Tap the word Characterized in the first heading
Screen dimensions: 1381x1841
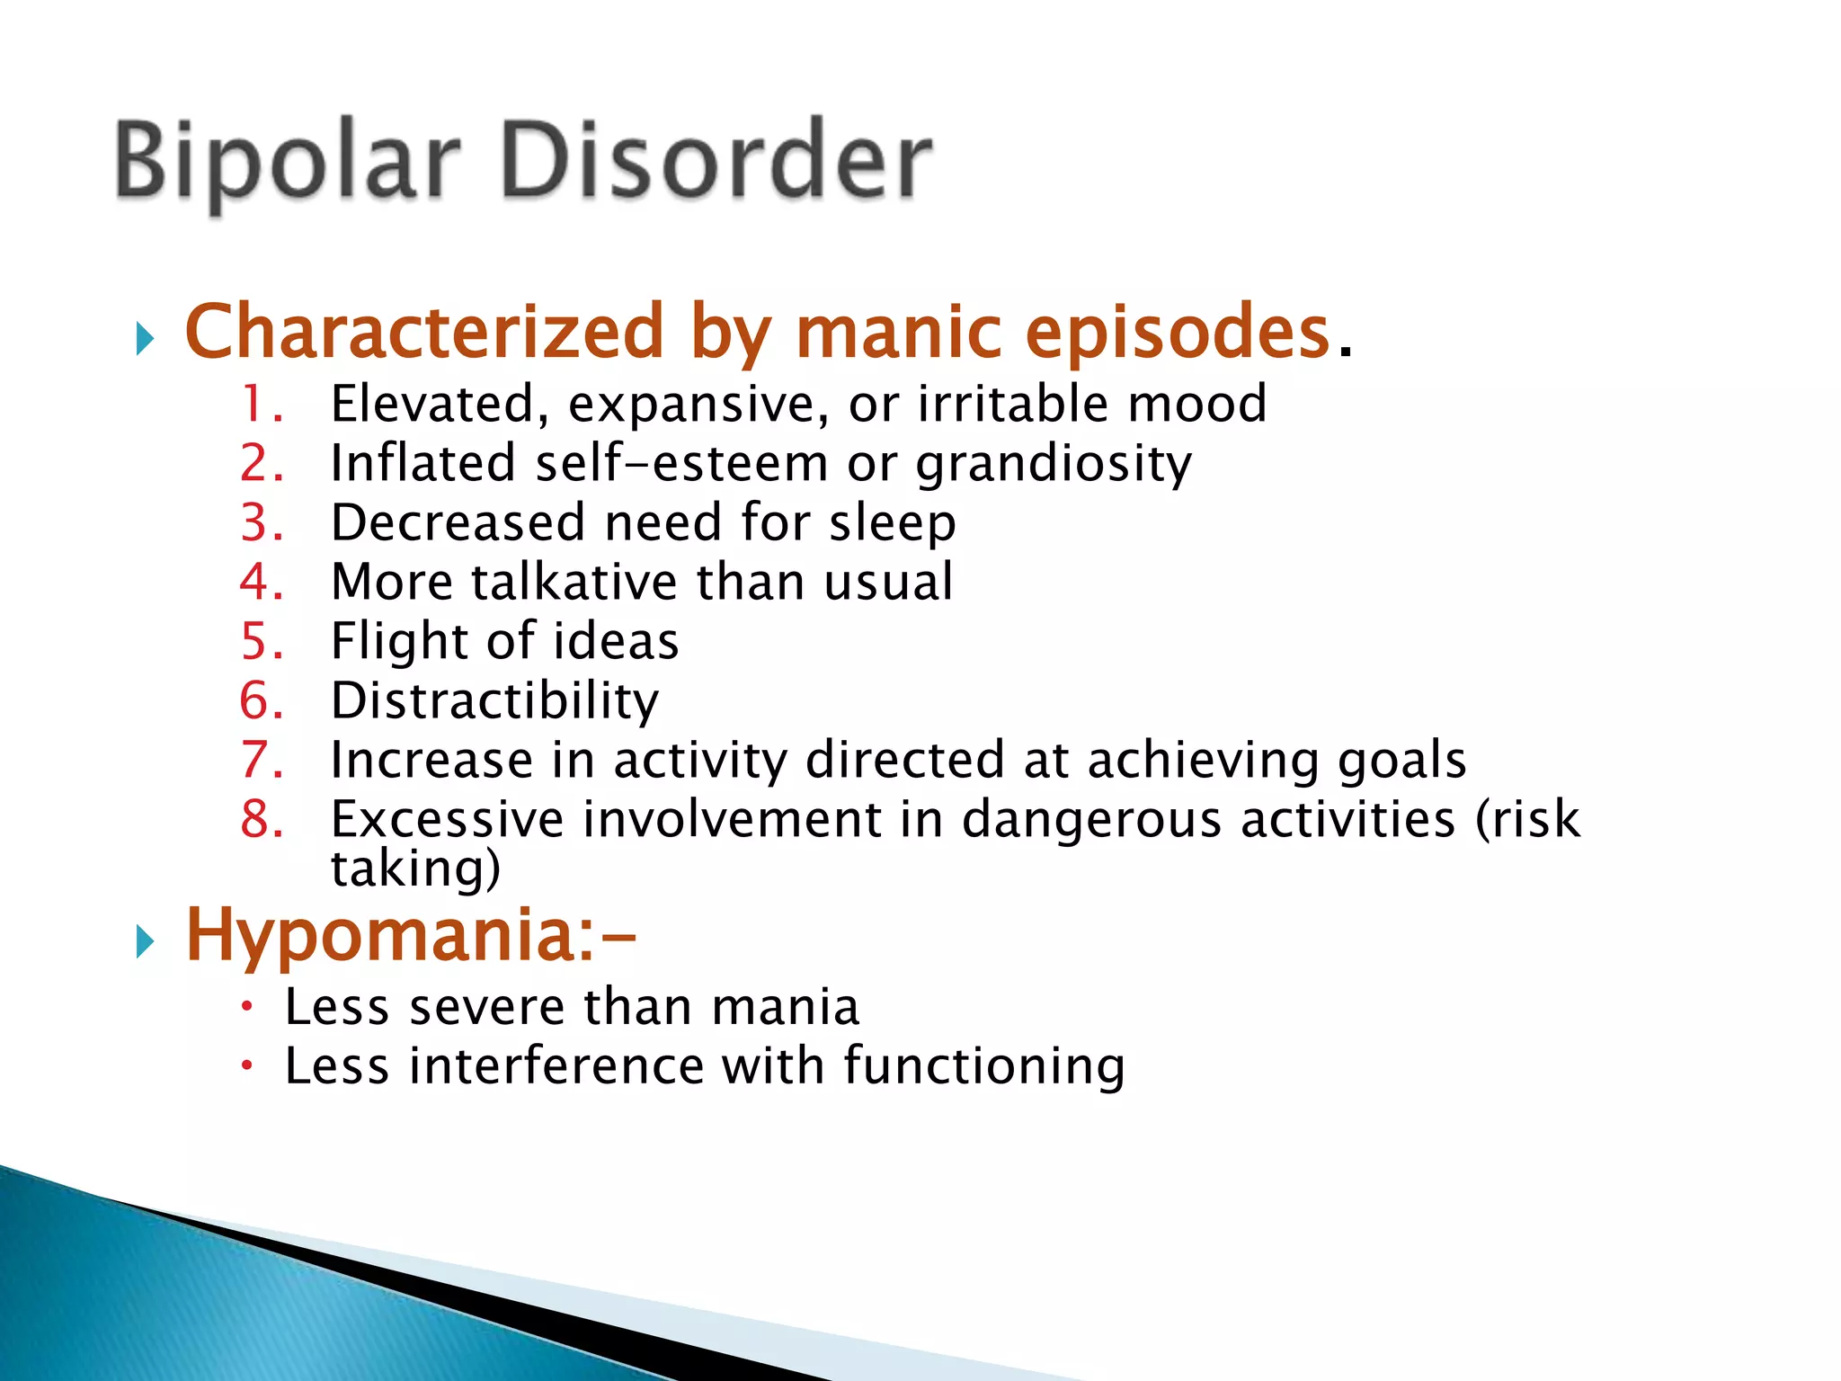[423, 332]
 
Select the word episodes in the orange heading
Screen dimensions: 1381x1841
[1177, 332]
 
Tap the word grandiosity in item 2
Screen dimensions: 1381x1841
[1054, 464]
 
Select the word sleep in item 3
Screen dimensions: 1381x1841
[892, 523]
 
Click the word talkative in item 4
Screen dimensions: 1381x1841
[574, 582]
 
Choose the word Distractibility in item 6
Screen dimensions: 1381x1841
[494, 701]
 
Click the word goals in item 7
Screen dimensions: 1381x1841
[1401, 761]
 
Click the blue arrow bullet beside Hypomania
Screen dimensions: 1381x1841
[145, 942]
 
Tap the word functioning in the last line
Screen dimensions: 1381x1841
[983, 1066]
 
